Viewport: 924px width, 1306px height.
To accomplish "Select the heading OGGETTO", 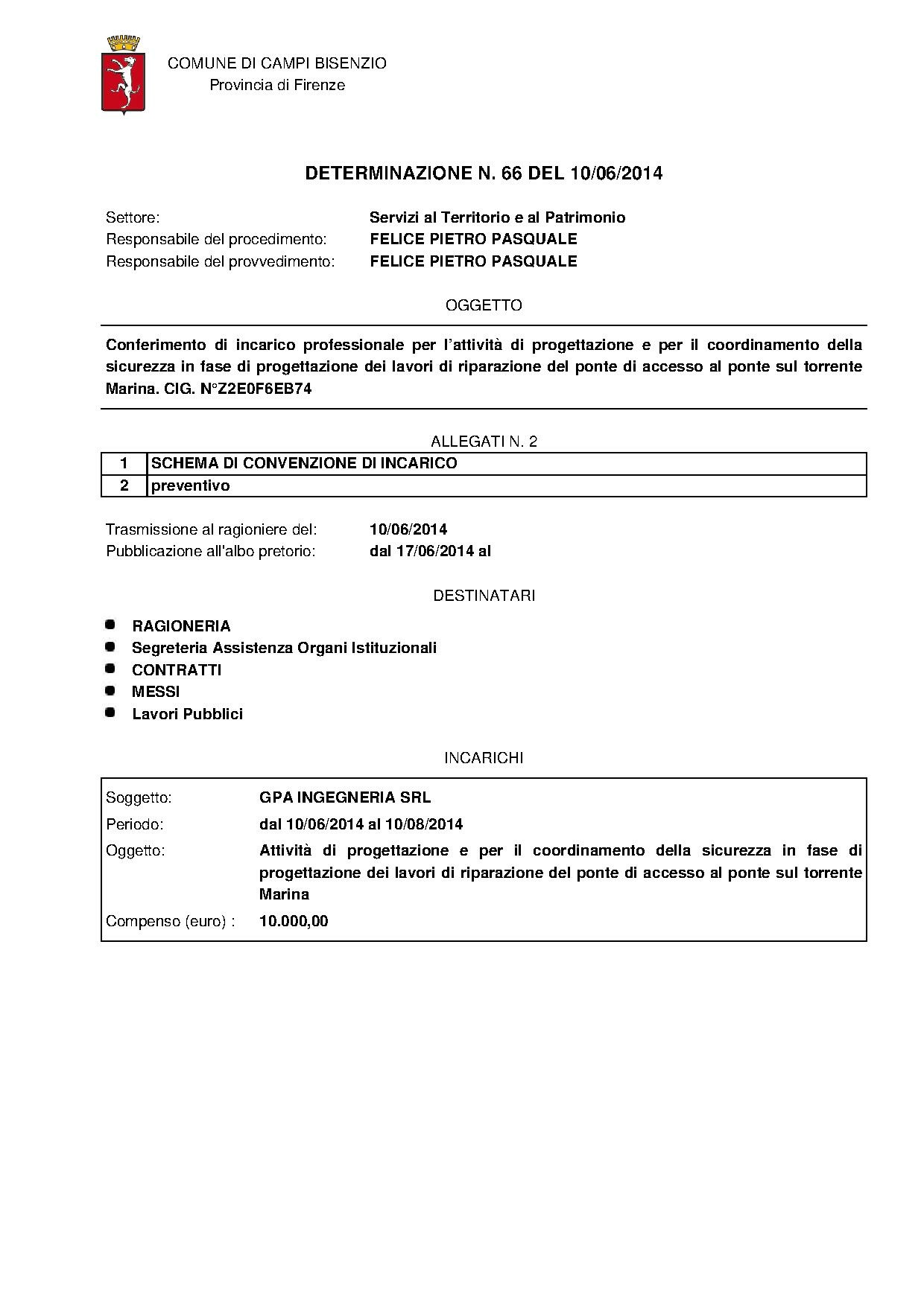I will click(x=484, y=305).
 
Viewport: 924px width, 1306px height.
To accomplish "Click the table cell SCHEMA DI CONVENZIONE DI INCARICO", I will click(x=304, y=463).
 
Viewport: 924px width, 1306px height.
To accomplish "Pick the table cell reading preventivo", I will click(x=191, y=485).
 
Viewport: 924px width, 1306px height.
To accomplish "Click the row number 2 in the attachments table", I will click(x=124, y=485).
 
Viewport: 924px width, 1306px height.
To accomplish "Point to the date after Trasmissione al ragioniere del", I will click(x=408, y=529).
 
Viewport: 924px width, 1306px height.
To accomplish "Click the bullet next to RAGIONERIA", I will click(x=110, y=624).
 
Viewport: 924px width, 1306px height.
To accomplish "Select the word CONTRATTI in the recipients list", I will click(x=177, y=670).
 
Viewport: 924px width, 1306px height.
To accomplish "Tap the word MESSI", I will click(x=156, y=692).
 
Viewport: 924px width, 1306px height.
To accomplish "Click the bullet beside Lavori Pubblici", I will click(x=110, y=713).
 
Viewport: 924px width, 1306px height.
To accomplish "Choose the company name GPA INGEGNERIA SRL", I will click(x=345, y=797).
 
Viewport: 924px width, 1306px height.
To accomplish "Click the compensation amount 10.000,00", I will click(x=294, y=921).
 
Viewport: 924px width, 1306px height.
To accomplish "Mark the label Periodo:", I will click(x=135, y=824).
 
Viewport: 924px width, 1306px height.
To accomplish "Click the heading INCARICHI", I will click(x=484, y=758).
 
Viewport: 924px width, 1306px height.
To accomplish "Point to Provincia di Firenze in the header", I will click(x=277, y=85).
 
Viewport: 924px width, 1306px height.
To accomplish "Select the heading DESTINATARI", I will click(x=484, y=596).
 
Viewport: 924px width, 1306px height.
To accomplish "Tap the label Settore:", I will click(x=133, y=217).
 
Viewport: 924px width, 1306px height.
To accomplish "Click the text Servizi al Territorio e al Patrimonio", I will click(x=497, y=217).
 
